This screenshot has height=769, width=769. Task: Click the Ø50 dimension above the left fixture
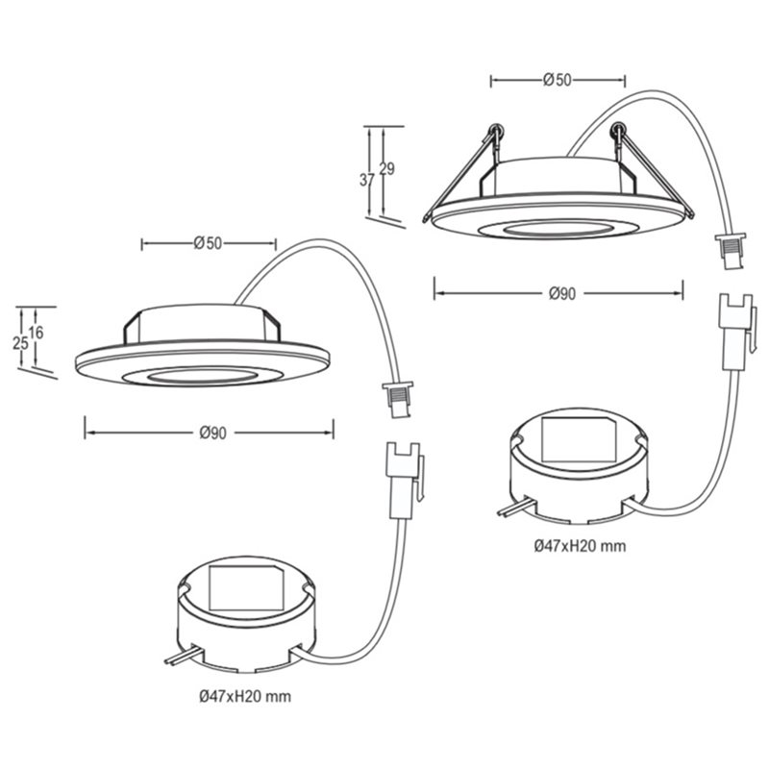point(208,243)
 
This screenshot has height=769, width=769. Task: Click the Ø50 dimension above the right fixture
point(558,80)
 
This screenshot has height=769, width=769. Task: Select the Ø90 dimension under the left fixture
point(213,433)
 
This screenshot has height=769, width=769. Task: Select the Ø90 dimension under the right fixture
point(562,293)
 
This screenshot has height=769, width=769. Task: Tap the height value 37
point(367,180)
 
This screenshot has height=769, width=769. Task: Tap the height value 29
point(387,169)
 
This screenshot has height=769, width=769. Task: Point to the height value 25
point(20,343)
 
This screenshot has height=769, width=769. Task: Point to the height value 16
point(36,333)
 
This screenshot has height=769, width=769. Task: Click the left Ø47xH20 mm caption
point(245,696)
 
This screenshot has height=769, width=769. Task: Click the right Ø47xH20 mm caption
point(581,545)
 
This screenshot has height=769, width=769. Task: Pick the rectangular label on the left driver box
point(246,588)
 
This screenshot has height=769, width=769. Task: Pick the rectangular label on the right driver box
point(580,439)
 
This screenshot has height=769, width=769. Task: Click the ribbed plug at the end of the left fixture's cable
point(398,401)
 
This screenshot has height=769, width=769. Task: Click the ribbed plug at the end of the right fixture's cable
point(731,251)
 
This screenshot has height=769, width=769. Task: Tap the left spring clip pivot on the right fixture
point(495,131)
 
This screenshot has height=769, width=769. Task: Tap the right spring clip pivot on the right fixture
point(618,130)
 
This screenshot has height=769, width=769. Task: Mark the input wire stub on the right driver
point(515,508)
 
